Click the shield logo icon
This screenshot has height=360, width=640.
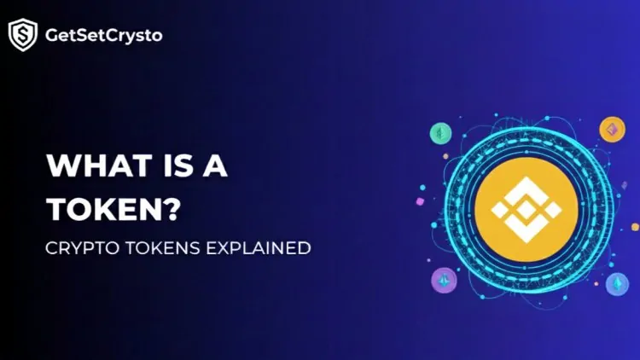click(22, 35)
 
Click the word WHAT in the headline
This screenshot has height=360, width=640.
click(89, 165)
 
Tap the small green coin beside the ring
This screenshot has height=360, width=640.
click(440, 132)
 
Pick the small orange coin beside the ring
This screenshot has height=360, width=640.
click(612, 129)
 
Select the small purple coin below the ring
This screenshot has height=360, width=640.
click(444, 279)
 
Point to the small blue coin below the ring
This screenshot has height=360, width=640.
click(614, 283)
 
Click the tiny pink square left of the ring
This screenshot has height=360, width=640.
click(419, 201)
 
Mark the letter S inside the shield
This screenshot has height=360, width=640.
click(22, 35)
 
